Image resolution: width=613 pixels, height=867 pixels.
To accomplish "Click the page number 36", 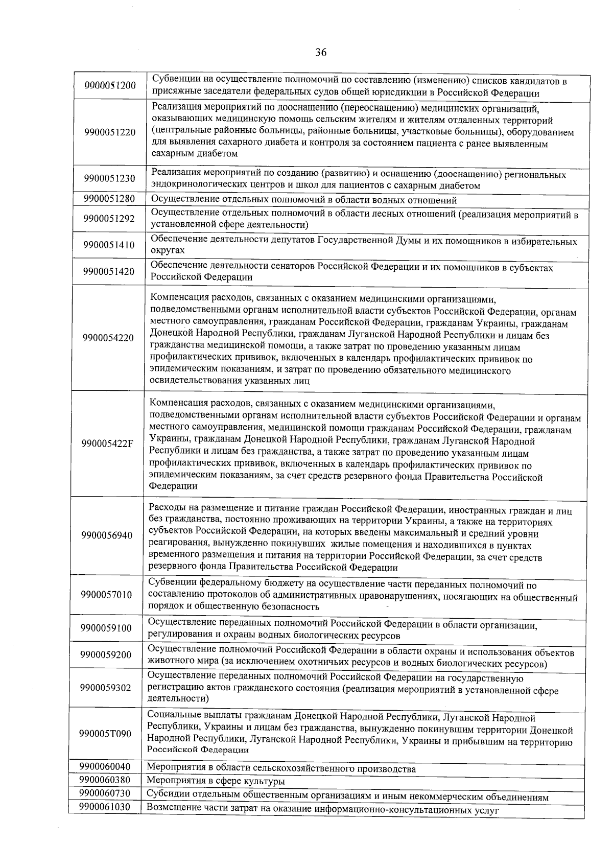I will (x=321, y=53).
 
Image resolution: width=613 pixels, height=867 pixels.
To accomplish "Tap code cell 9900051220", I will (x=110, y=132).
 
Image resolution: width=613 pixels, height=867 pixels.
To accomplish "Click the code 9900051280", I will (x=109, y=199).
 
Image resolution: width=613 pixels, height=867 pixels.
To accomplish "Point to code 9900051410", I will (x=109, y=245).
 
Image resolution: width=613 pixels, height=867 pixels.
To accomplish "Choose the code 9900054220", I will (x=108, y=338).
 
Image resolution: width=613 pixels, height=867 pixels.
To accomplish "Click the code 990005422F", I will (x=108, y=443).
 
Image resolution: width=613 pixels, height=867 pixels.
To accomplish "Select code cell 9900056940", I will (x=107, y=535).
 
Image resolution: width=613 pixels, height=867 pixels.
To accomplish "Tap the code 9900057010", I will (x=106, y=595).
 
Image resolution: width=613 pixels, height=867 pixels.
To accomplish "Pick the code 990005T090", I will (x=105, y=734).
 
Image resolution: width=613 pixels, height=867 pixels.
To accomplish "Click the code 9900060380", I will (x=105, y=780).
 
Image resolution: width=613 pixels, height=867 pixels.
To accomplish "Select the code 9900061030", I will (x=104, y=807).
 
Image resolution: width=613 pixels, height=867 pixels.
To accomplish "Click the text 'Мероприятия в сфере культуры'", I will (x=216, y=781).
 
